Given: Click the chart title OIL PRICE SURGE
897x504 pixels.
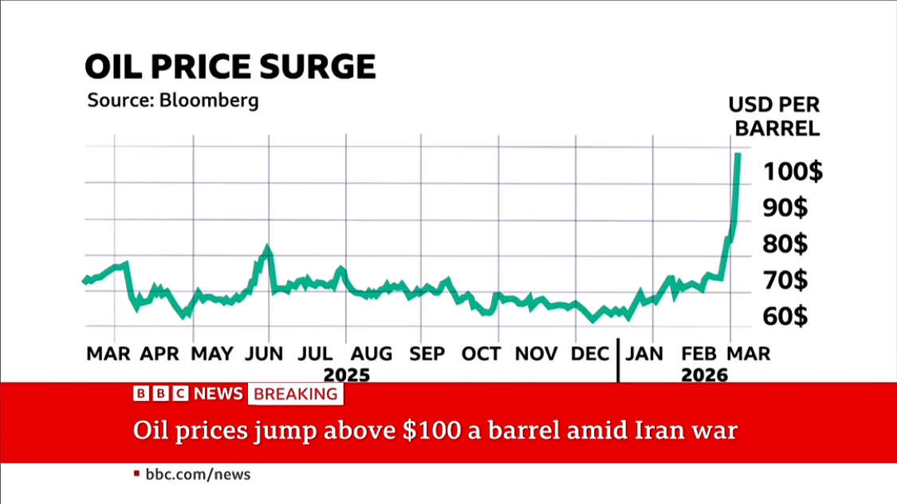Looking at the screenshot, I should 230,67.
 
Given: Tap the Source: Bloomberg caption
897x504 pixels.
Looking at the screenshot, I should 172,101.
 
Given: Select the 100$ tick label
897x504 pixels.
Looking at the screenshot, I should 793,171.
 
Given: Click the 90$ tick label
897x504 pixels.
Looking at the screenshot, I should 785,208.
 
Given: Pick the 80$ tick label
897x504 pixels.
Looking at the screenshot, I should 785,244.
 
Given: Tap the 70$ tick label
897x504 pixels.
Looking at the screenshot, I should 785,281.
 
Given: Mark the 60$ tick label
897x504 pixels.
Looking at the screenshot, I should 785,317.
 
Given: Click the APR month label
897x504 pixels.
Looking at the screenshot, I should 160,353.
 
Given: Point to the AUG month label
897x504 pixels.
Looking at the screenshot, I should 372,353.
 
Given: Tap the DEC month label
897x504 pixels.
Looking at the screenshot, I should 591,353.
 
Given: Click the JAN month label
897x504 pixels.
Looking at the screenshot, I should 644,353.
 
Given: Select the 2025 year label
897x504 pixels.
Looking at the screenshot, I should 347,374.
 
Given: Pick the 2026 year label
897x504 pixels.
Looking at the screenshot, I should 705,374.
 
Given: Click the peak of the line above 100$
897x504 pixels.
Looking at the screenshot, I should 738,154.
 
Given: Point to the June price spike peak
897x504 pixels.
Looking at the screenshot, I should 267,250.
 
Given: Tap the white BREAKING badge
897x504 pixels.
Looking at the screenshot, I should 296,393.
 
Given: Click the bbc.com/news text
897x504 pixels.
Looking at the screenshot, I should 197,474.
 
